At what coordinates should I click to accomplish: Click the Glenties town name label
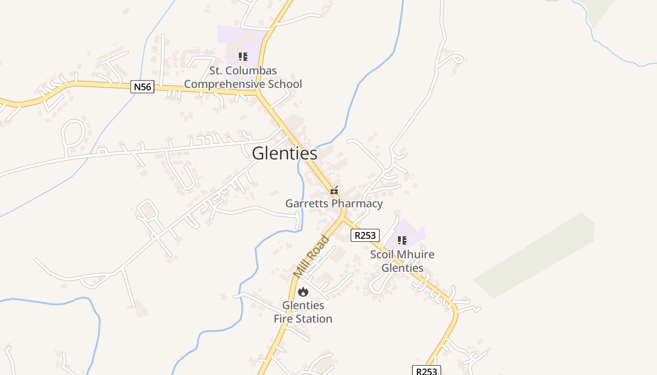click(284, 153)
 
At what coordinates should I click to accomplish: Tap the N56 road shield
click(142, 87)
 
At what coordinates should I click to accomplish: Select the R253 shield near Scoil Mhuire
click(365, 235)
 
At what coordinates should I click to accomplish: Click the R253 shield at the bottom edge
click(426, 371)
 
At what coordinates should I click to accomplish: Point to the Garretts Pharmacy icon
click(334, 191)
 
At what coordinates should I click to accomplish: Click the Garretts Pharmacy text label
click(334, 203)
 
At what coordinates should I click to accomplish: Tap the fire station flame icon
click(303, 292)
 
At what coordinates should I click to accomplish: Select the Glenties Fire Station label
click(303, 312)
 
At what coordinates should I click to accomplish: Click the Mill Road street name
click(311, 257)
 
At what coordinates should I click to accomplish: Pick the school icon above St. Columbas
click(243, 57)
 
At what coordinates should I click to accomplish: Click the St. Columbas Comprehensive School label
click(243, 77)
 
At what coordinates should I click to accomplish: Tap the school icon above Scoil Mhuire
click(402, 241)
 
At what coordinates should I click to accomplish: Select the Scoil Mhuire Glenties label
click(402, 261)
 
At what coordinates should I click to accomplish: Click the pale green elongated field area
click(535, 255)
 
